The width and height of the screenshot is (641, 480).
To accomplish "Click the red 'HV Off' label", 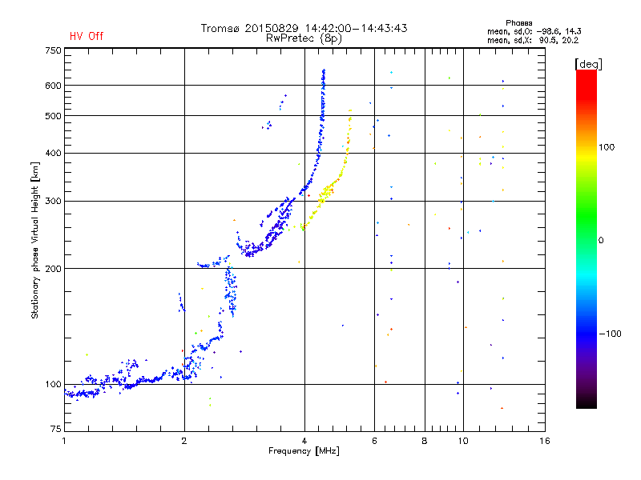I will pos(86,36).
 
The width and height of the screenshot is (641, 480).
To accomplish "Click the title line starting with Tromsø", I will pos(304,28).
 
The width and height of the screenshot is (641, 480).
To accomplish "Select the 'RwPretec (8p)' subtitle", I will pos(304,38).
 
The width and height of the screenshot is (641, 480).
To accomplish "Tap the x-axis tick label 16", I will pos(544,441).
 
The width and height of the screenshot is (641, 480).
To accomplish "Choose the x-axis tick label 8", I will pos(425,441).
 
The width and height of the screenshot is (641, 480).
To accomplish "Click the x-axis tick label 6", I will pos(375,441).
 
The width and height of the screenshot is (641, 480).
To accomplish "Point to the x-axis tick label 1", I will pos(64,441).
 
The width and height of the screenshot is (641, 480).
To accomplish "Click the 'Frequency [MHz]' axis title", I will pos(304,451).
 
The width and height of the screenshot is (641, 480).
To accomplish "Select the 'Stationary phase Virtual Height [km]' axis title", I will pos(35,241).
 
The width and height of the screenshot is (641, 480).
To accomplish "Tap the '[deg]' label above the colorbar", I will pos(589,63).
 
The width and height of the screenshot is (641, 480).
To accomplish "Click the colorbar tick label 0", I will pos(601,240).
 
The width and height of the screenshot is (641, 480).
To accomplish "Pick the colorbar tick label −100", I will pos(611,334).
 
